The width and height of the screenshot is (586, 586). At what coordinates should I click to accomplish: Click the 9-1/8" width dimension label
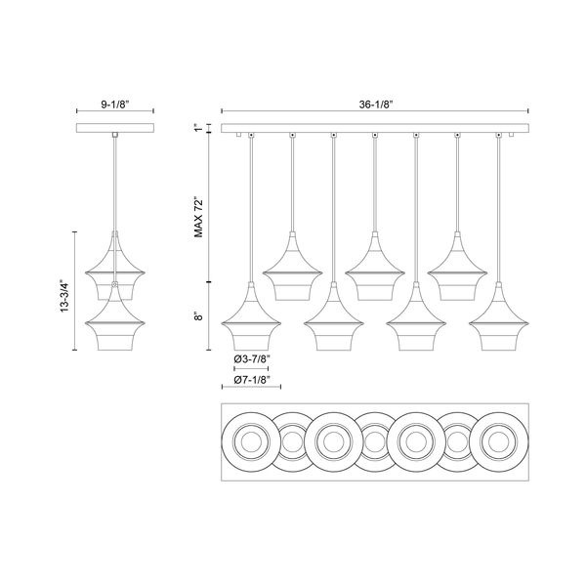[114, 105]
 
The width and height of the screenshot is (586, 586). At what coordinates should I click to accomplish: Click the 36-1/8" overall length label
[375, 105]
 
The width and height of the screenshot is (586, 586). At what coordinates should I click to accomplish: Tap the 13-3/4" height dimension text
[65, 296]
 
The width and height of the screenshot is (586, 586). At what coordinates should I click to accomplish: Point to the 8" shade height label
[198, 316]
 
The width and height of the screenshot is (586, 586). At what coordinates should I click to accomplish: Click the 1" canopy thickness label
[198, 128]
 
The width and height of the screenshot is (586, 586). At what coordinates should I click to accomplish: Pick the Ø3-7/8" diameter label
[252, 359]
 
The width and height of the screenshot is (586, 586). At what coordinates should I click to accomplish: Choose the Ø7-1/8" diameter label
[252, 380]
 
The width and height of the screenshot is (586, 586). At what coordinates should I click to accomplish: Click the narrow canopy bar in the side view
[115, 128]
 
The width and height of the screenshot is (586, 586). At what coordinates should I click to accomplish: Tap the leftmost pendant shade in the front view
[251, 316]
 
